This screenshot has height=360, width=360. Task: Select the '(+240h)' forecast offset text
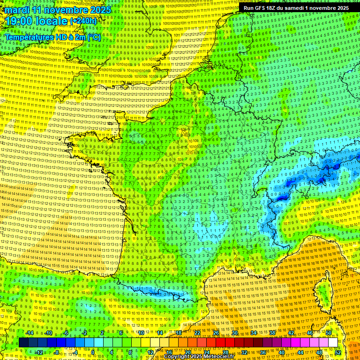pos(83,21)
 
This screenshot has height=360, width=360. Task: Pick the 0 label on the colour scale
pos(92,352)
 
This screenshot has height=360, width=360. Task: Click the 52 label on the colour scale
pos(337,352)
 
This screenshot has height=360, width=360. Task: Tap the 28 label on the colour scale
pos(225,352)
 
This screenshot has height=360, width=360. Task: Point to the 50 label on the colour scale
pos(329,333)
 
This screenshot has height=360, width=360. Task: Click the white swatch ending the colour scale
pos(333,343)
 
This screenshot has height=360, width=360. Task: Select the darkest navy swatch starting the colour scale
pos(23,343)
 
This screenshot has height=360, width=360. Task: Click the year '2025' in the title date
pos(100,10)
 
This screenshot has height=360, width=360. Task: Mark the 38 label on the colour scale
pos(272,333)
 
